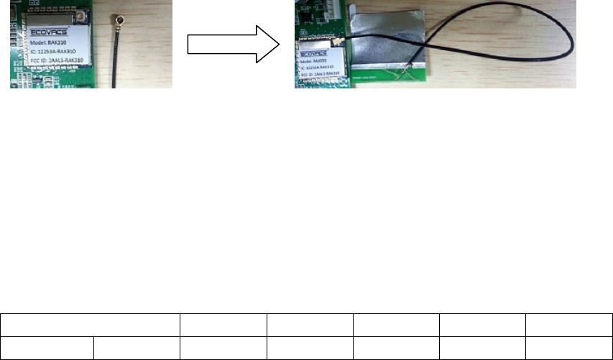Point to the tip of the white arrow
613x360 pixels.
[x=279, y=45]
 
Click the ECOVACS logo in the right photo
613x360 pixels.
[x=316, y=52]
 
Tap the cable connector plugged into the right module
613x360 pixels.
[x=336, y=45]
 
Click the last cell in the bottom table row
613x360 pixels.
[x=569, y=348]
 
